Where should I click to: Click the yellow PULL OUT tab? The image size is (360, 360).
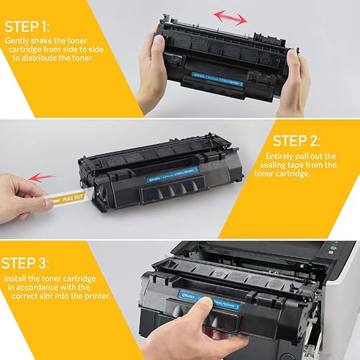point(72,196)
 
